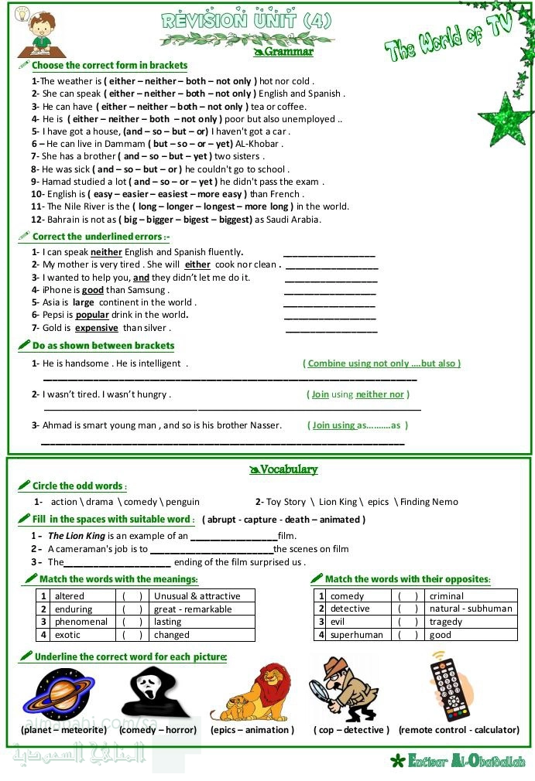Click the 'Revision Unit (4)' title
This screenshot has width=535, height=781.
coord(246,21)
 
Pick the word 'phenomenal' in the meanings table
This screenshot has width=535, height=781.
coord(81,622)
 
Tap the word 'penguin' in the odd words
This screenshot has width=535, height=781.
coord(183,502)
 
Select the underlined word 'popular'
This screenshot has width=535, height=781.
coord(92,315)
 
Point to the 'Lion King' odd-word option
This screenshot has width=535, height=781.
coord(338,502)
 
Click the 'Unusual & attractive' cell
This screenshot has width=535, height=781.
coord(197,596)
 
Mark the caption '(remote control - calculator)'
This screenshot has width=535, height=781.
coord(458,730)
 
